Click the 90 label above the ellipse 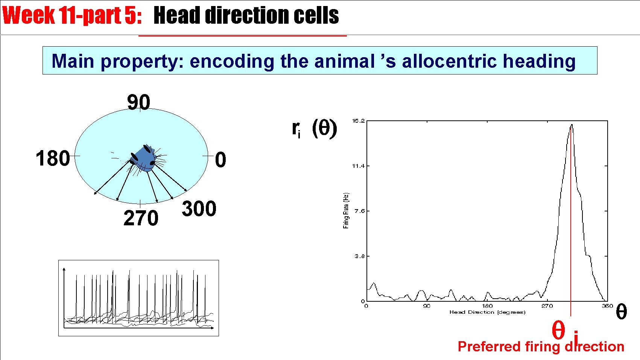click(138, 102)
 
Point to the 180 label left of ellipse click(53, 158)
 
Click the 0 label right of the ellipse click(220, 159)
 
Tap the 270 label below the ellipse click(141, 218)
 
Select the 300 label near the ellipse click(199, 209)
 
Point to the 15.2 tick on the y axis click(358, 121)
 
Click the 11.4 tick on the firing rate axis click(358, 166)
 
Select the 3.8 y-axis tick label click(359, 256)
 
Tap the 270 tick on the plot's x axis click(547, 306)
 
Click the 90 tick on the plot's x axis click(426, 306)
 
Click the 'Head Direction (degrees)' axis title click(487, 312)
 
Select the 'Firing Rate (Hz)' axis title click(346, 211)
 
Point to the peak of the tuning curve click(572, 125)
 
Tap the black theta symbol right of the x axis click(621, 312)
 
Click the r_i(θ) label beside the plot click(314, 129)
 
